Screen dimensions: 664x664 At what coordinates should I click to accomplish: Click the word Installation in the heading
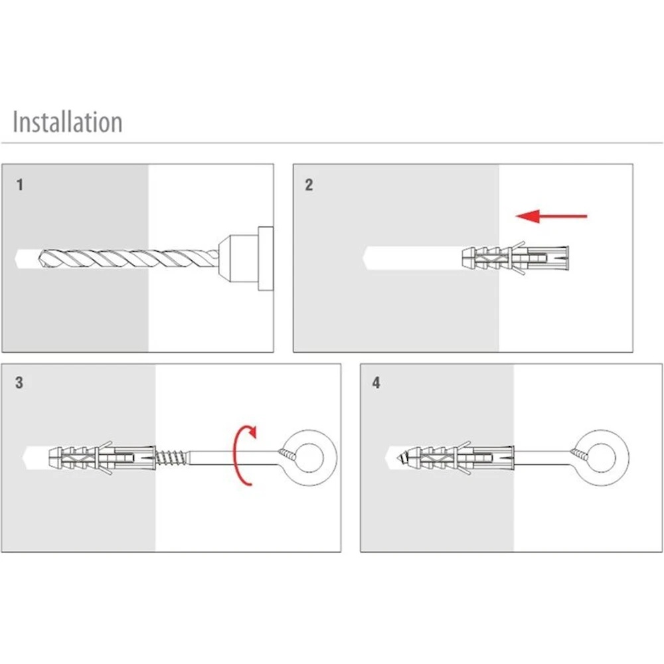tap(68, 122)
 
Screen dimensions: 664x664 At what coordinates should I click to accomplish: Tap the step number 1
tap(19, 185)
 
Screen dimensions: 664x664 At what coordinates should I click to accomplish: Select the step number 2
tap(309, 185)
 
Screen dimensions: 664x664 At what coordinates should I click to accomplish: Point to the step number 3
tap(19, 383)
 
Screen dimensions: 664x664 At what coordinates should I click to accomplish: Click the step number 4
tap(376, 383)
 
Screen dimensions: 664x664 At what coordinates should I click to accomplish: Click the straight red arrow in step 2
tap(551, 216)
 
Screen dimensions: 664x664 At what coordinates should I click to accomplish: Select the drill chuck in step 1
tap(246, 258)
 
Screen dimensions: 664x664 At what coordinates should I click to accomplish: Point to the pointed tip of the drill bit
tap(41, 259)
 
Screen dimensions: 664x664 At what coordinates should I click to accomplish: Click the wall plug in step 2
tap(515, 258)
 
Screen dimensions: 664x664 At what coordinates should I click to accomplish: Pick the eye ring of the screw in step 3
tap(309, 457)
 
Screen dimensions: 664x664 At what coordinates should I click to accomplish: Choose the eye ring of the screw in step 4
tap(602, 457)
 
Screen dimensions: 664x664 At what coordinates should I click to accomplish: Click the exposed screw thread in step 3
tap(171, 457)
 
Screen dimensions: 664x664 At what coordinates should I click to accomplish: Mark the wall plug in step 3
tap(102, 457)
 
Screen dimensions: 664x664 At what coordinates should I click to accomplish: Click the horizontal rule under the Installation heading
tap(332, 143)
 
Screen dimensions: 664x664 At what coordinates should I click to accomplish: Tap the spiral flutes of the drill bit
tap(127, 259)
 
